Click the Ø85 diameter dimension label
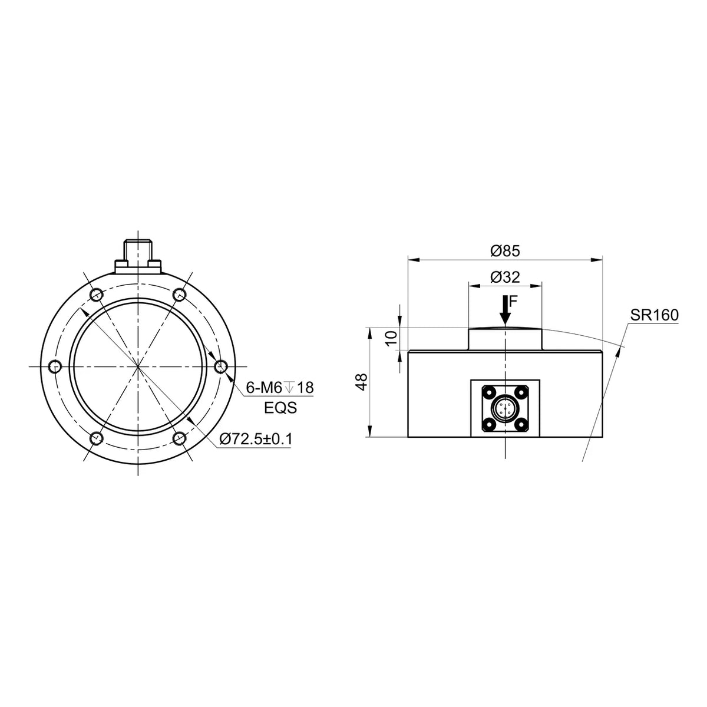tap(505, 251)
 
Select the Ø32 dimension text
tap(505, 277)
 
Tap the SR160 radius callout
tap(655, 315)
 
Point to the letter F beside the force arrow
tap(513, 301)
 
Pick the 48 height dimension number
tap(362, 382)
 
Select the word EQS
tap(280, 408)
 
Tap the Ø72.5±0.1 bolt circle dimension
tap(256, 439)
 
